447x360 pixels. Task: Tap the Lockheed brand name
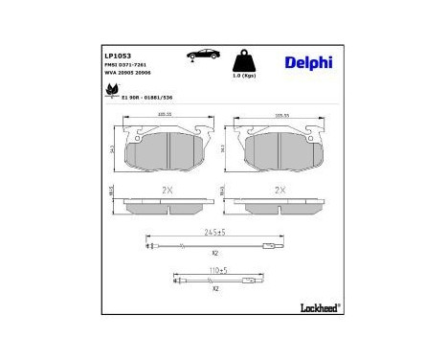(x=317, y=306)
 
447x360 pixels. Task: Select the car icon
(x=204, y=54)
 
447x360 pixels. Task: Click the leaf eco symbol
(x=111, y=93)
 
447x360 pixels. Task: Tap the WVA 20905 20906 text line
(x=127, y=74)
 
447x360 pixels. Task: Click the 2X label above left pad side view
(x=167, y=191)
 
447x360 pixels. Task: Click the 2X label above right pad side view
(x=280, y=191)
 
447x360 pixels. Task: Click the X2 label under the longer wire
(x=216, y=253)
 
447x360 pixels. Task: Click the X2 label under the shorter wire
(x=216, y=288)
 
